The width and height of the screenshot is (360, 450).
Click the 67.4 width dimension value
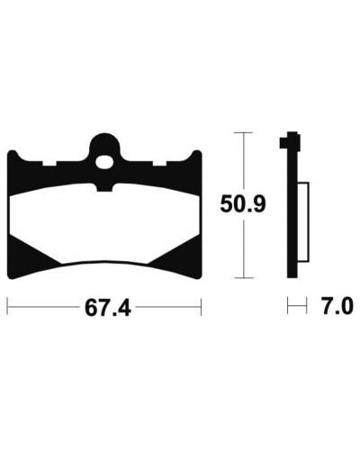coord(108,308)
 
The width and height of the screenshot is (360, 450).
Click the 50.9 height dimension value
coord(243,204)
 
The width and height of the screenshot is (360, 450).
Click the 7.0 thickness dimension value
coord(337,306)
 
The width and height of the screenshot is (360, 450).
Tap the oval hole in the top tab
coord(104,162)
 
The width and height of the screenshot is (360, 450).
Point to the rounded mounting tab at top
coord(104,147)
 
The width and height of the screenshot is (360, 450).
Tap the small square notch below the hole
coord(104,187)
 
